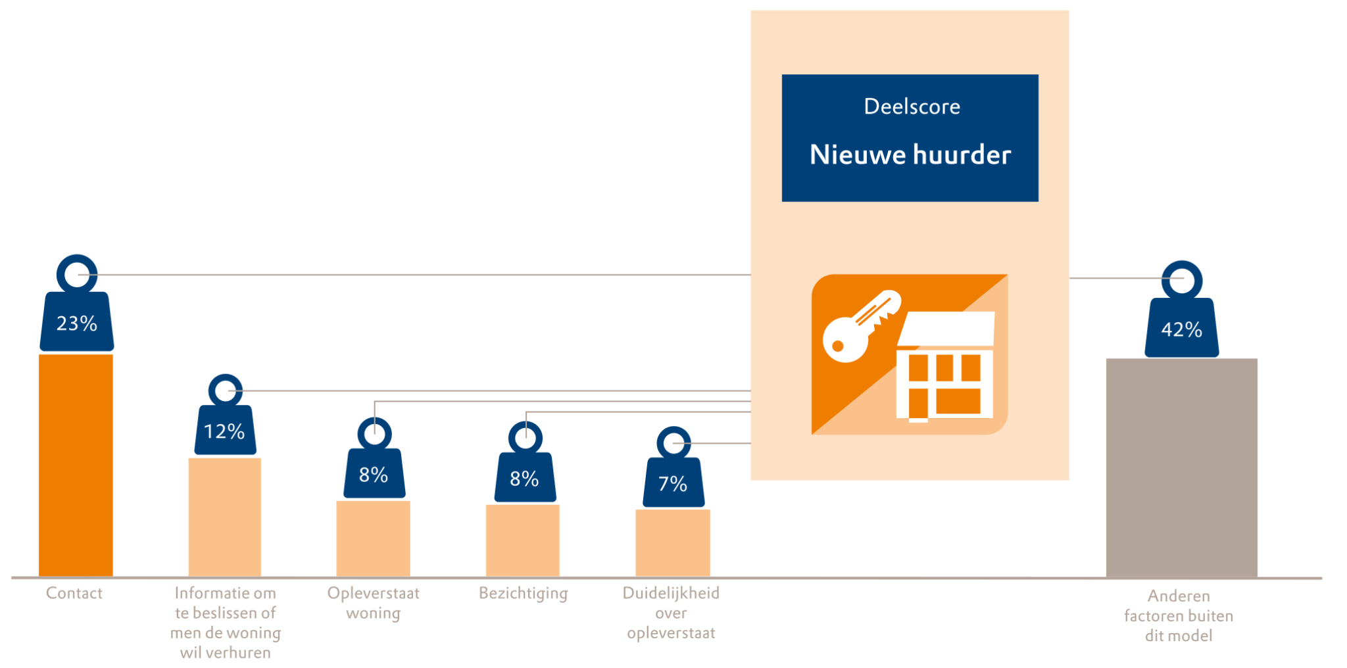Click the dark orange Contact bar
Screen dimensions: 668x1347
pyautogui.click(x=76, y=465)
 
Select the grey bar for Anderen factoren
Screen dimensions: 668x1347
pyautogui.click(x=1181, y=467)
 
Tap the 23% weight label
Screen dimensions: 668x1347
pyautogui.click(x=76, y=323)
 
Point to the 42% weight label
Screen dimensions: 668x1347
pyautogui.click(x=1181, y=329)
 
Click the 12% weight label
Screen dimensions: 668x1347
pyautogui.click(x=224, y=431)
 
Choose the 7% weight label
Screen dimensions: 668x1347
pyautogui.click(x=673, y=484)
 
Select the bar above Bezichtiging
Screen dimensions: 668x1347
pyautogui.click(x=523, y=540)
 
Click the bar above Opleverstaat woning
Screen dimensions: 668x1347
pyautogui.click(x=373, y=538)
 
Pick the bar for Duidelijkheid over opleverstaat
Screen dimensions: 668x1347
pyautogui.click(x=672, y=542)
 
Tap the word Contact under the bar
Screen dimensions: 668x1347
pyautogui.click(x=74, y=593)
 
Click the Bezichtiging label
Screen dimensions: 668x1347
pyautogui.click(x=523, y=593)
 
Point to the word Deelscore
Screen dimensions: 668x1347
pyautogui.click(x=912, y=107)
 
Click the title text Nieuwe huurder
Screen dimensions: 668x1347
pyautogui.click(x=910, y=155)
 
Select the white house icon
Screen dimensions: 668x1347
pyautogui.click(x=945, y=367)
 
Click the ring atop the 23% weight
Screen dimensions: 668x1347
pyautogui.click(x=77, y=273)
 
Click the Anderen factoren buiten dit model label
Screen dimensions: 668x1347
pyautogui.click(x=1178, y=615)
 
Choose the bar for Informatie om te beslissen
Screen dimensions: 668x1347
pyautogui.click(x=224, y=517)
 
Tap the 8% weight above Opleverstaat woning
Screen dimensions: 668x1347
pyautogui.click(x=374, y=475)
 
